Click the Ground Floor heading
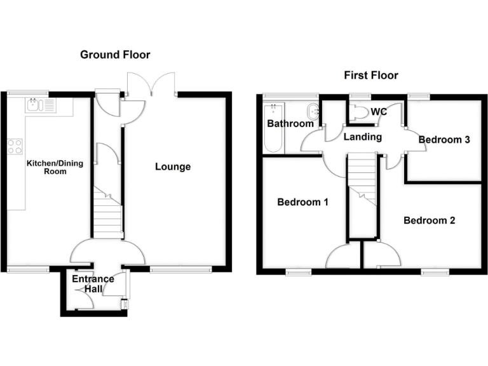[x=115, y=55]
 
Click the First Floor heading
[x=371, y=76]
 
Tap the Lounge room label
[x=173, y=167]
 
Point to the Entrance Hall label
[x=93, y=284]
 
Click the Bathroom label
[x=290, y=123]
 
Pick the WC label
[x=379, y=112]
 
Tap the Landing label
[x=363, y=137]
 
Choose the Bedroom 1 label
[x=302, y=203]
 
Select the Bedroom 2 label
[x=430, y=220]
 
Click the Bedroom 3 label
[x=444, y=139]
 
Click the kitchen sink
[x=41, y=105]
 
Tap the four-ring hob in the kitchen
[x=15, y=147]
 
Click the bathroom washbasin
[x=314, y=109]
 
